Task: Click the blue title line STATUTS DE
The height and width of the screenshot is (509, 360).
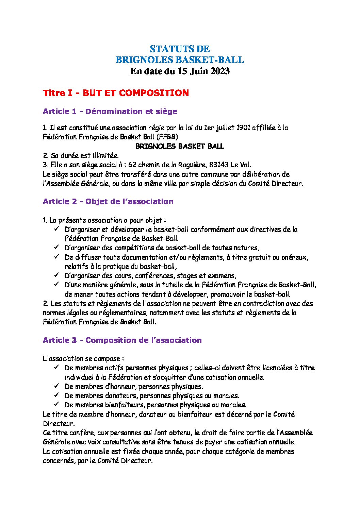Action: click(x=180, y=49)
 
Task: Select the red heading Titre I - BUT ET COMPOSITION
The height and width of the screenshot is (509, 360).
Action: click(x=116, y=93)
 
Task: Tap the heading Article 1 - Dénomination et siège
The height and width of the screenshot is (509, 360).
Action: click(x=110, y=111)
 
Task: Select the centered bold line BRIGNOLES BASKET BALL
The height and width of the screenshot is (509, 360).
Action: click(x=180, y=146)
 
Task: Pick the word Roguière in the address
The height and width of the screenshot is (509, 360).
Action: click(x=192, y=165)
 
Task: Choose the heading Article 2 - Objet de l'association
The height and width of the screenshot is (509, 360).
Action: click(x=108, y=201)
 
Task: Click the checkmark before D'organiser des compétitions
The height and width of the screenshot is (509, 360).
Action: click(x=56, y=248)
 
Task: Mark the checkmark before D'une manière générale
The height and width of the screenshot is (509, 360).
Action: click(x=56, y=285)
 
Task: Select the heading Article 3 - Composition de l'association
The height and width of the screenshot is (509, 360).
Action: click(x=122, y=340)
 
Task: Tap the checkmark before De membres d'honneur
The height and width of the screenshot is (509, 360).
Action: click(x=56, y=386)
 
